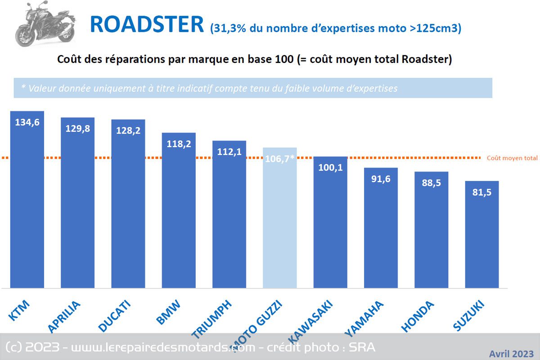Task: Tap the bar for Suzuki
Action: coord(481,234)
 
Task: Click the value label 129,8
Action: coord(77,128)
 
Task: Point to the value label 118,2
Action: coord(179,144)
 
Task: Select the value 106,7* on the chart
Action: coord(280,159)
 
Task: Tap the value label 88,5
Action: coord(431,183)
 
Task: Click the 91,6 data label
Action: coord(381,179)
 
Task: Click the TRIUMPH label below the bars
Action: coord(212,319)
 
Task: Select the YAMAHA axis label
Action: coord(364,319)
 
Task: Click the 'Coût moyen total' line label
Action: coord(512,158)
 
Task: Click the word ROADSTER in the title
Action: coord(147,24)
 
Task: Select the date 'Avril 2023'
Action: coord(511,353)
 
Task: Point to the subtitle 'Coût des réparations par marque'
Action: coord(254,59)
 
